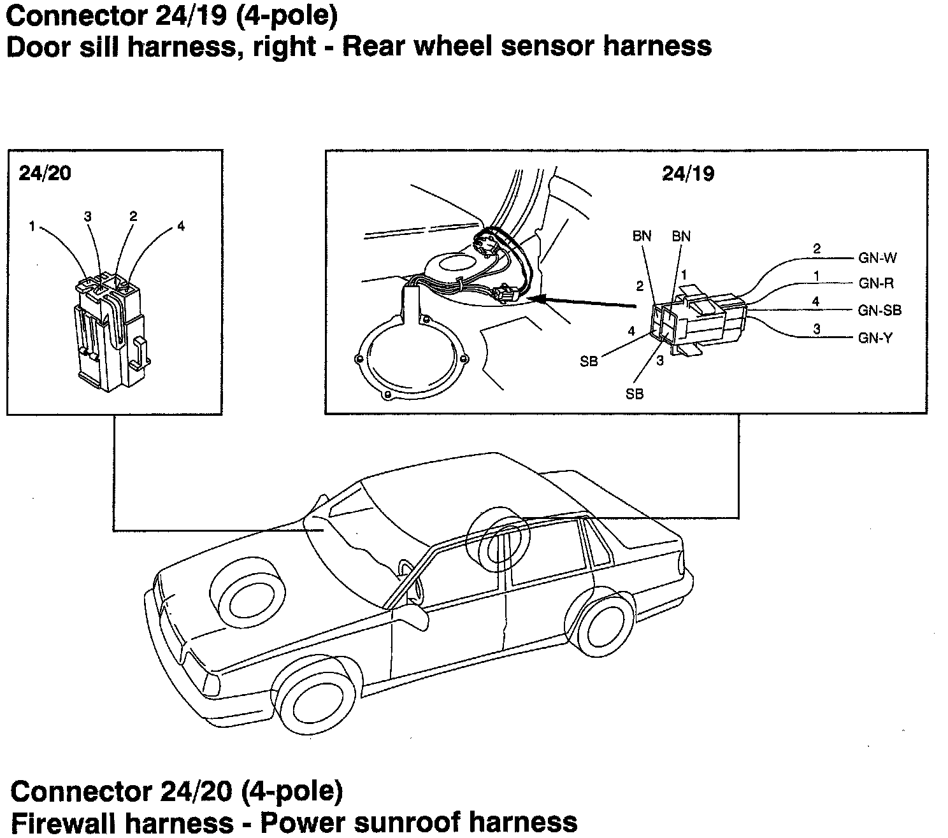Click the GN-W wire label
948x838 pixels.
click(877, 258)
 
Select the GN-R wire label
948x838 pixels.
click(876, 283)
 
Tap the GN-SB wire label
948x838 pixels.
click(879, 311)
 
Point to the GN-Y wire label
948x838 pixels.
click(875, 337)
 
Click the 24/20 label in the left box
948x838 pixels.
click(45, 173)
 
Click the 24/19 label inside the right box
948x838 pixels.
click(688, 173)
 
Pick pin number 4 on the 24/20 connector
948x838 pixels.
click(181, 226)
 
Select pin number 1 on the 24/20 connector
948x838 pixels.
click(32, 226)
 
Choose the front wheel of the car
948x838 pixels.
click(317, 697)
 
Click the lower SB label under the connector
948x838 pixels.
click(635, 394)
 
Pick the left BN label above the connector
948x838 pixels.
click(642, 236)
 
